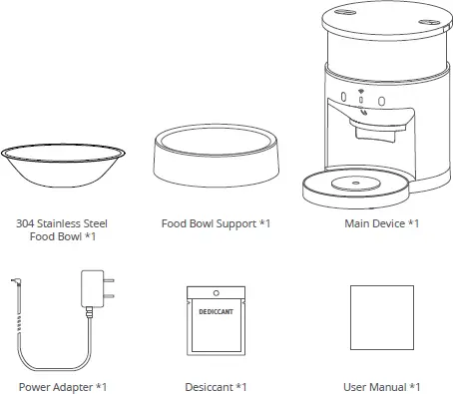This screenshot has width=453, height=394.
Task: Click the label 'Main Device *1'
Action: point(381,223)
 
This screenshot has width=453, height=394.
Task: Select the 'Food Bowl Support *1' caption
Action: point(216,223)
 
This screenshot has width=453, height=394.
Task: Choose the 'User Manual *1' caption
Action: point(380,386)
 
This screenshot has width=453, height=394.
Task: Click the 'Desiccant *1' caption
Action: point(216,386)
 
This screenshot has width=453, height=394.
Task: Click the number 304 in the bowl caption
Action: point(25,223)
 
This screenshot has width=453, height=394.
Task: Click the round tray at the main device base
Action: point(355,183)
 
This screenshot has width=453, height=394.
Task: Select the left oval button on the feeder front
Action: point(343,99)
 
